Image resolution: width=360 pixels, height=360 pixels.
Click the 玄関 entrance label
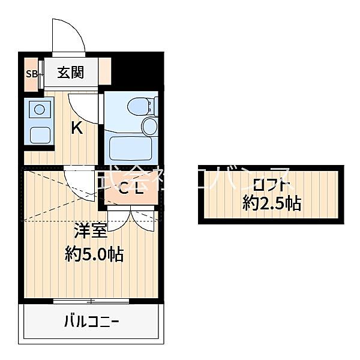[x=70, y=73]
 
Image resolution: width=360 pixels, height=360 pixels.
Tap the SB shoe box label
[x=31, y=74]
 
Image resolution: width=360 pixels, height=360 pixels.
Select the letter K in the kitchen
[x=77, y=128]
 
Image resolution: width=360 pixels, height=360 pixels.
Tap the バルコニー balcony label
[x=92, y=322]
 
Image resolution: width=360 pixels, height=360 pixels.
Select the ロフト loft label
[x=272, y=184]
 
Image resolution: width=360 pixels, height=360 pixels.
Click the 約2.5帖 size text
[x=272, y=203]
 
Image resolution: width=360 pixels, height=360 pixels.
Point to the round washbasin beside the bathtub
[x=149, y=126]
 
